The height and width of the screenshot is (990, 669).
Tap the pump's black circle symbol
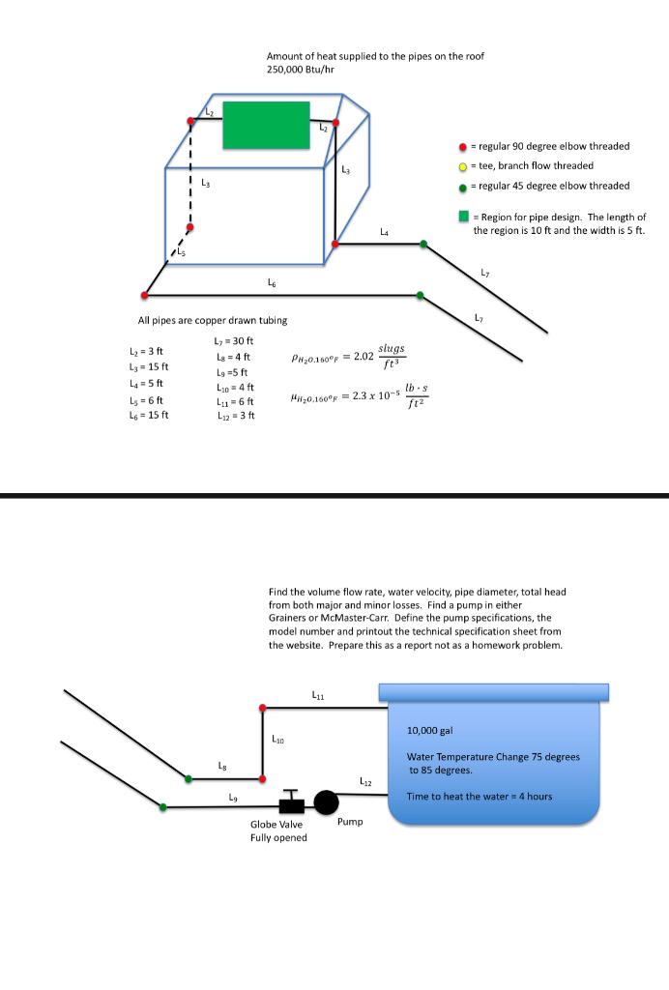[326, 802]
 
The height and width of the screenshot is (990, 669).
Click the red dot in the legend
[464, 147]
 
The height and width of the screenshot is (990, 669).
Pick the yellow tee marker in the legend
[464, 166]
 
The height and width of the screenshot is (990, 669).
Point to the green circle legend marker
[464, 187]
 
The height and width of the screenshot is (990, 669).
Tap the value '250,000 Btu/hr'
[300, 70]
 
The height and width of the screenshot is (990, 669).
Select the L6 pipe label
[273, 282]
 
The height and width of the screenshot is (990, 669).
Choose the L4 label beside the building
[385, 232]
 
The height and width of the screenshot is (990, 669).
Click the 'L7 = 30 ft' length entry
[233, 341]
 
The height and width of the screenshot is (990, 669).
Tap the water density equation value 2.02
[364, 357]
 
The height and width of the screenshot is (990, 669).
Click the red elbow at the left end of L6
[145, 295]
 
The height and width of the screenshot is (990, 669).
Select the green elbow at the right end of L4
[422, 244]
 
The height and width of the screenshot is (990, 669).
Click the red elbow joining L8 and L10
[263, 776]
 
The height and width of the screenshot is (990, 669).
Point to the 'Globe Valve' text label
[276, 825]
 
